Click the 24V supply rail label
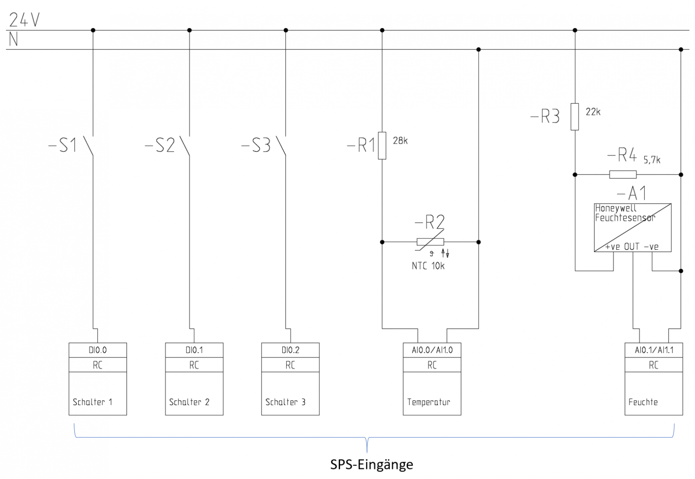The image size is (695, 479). point(24,20)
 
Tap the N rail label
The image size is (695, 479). point(13,40)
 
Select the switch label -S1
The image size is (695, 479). point(63,145)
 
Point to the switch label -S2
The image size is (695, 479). point(160,145)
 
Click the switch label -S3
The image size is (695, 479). point(256,145)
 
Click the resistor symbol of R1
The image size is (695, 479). point(382,146)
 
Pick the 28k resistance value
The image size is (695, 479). point(400,141)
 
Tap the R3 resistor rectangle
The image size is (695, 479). point(575,117)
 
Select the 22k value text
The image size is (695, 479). point(593,112)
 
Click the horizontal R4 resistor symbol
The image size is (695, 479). point(623,174)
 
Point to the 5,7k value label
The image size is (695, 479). point(652,160)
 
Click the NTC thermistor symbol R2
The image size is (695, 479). point(430,242)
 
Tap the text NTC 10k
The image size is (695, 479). point(428,266)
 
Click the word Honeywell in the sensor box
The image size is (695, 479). point(616,208)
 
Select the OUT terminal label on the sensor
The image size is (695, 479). point(632,247)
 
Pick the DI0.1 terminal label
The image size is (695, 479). point(194,350)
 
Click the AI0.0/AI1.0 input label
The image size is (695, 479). point(432,350)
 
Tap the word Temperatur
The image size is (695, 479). point(428,402)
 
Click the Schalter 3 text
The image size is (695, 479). point(285,402)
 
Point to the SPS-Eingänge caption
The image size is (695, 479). point(371,465)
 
